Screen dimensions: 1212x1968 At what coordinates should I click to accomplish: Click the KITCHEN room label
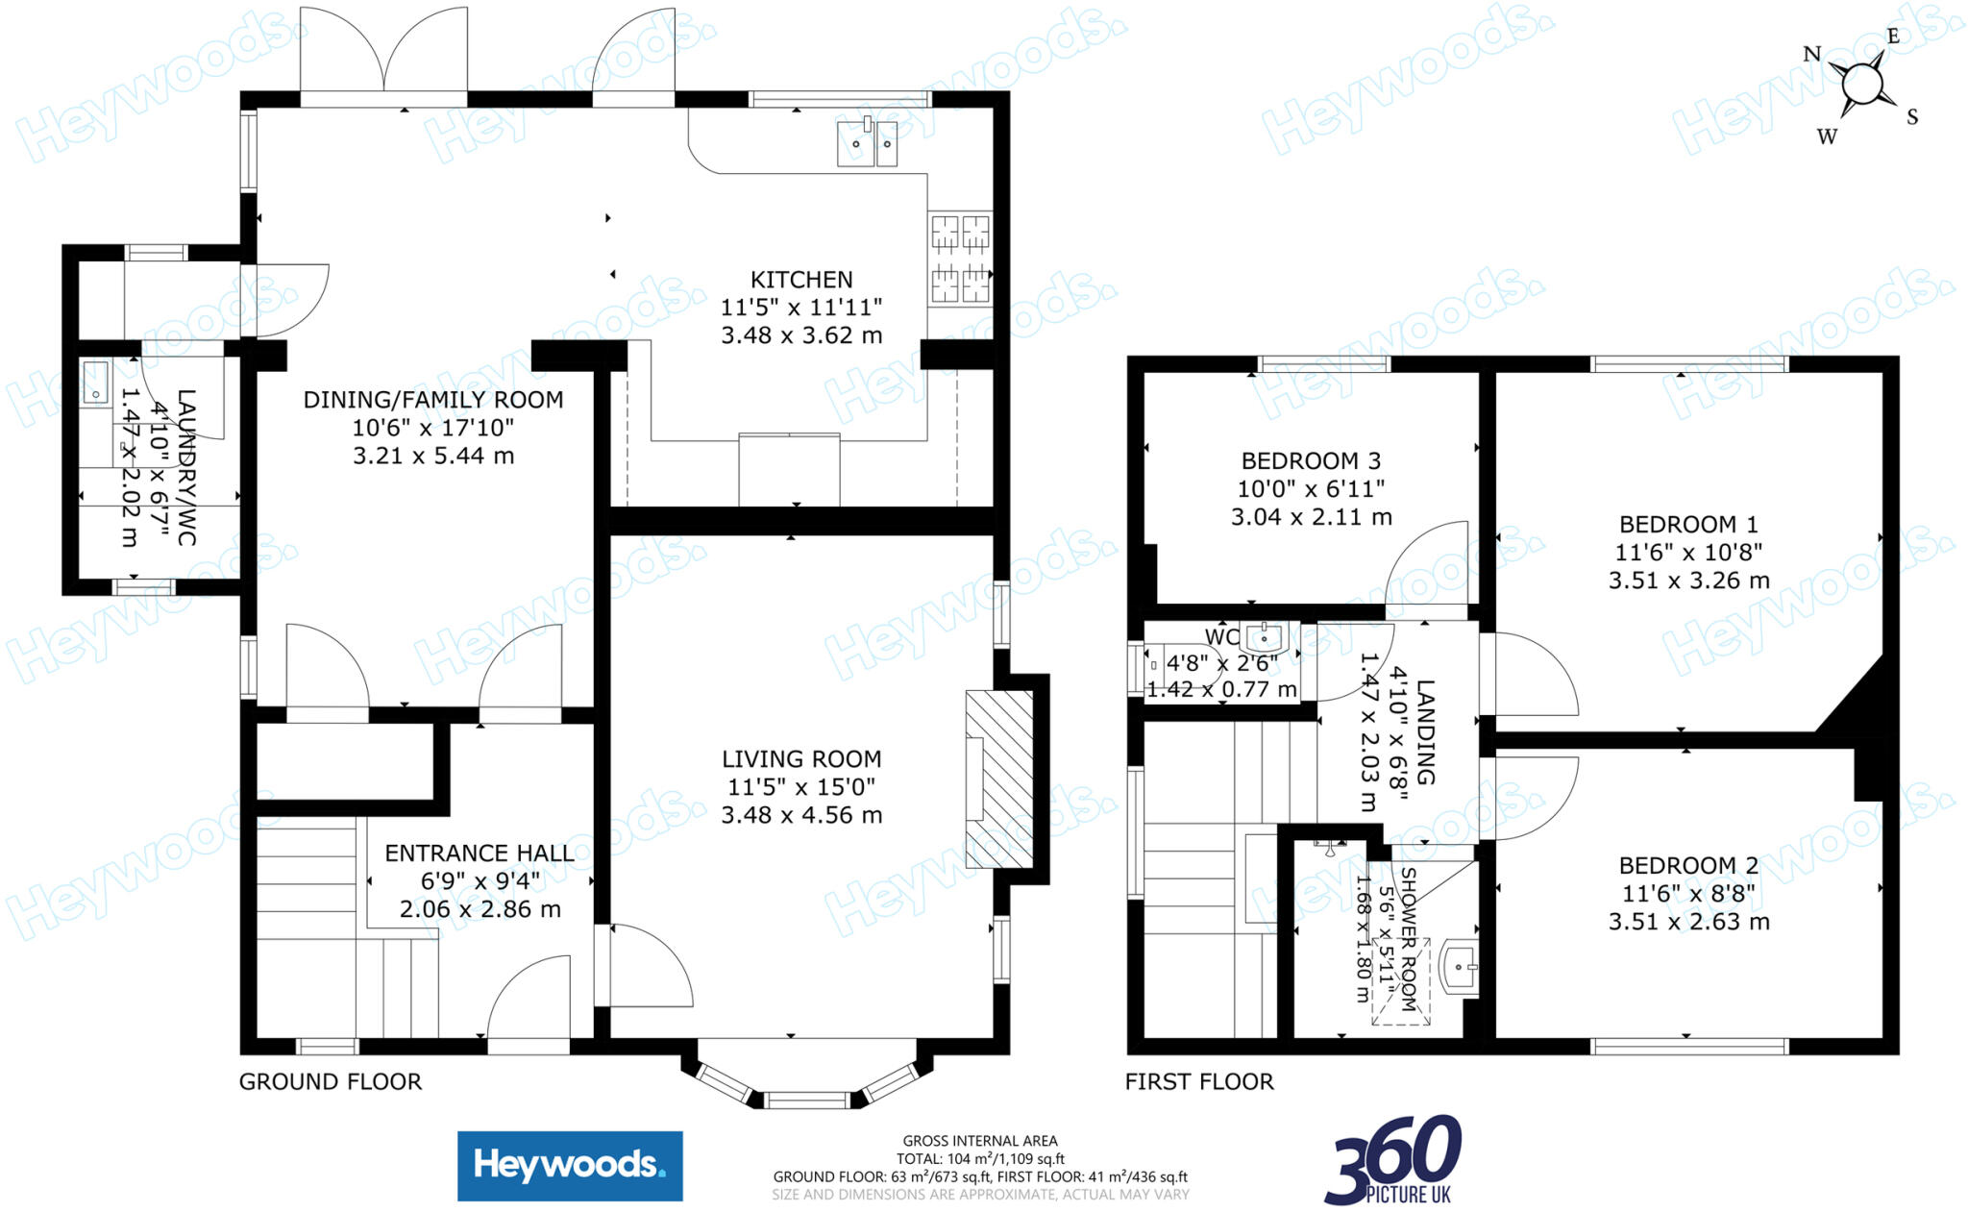point(800,280)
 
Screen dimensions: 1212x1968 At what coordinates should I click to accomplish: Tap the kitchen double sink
point(867,144)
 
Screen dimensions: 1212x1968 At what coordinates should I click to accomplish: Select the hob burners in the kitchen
point(960,259)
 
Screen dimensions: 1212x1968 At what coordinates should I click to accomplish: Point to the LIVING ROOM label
point(801,759)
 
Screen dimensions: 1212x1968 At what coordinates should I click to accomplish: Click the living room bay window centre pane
point(807,1100)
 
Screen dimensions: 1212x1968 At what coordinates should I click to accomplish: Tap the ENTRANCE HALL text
point(480,853)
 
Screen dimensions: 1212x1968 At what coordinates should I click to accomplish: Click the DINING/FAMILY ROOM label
point(433,400)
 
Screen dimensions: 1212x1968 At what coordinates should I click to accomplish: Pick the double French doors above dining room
point(384,53)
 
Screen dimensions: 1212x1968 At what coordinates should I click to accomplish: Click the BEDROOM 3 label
point(1311,461)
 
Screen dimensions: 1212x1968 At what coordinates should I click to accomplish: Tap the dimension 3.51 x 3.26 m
point(1688,581)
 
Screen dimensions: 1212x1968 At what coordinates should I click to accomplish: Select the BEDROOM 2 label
point(1688,866)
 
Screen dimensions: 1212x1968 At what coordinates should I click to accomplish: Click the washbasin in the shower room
point(1460,966)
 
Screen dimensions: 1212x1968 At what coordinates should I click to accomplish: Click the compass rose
point(1862,85)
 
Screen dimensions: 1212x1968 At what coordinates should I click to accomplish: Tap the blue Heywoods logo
point(570,1166)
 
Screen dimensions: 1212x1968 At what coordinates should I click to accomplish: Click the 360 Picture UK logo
point(1394,1160)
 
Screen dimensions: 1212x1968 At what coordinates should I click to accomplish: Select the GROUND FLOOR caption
point(330,1082)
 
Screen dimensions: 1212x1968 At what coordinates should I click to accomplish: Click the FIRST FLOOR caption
point(1198,1082)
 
